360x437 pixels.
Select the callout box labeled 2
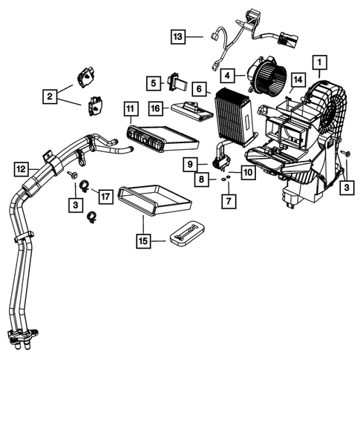(50, 96)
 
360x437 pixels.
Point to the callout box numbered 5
(152, 82)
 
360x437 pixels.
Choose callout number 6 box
(200, 88)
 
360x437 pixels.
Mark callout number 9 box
(191, 163)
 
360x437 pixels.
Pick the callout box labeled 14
(297, 79)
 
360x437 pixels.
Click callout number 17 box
(105, 197)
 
